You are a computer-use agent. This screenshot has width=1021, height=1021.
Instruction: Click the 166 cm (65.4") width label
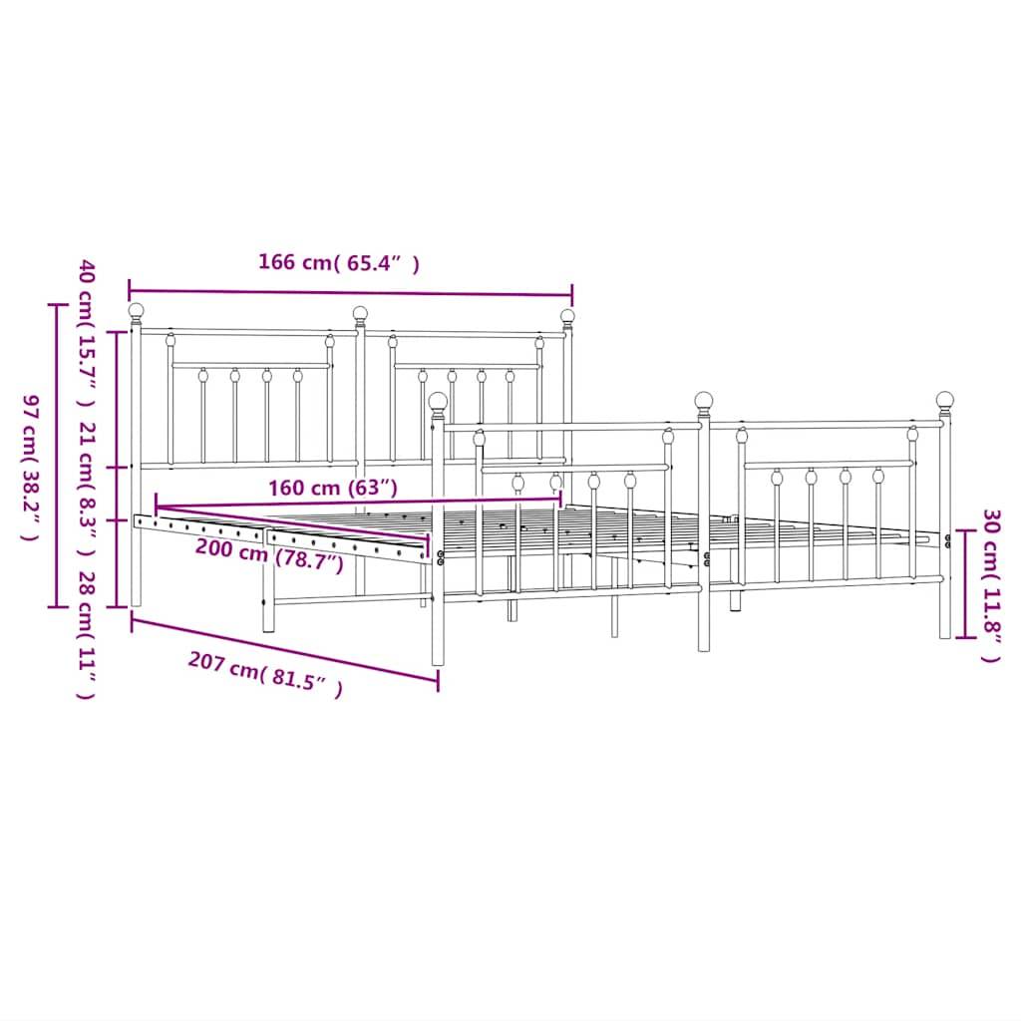pos(339,263)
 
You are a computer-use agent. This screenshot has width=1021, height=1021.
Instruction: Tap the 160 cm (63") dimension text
pos(333,487)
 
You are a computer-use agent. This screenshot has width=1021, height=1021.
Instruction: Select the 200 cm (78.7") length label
pos(269,554)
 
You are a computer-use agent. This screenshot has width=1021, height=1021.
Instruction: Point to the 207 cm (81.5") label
pos(265,673)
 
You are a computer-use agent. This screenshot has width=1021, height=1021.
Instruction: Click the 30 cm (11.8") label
pos(990,585)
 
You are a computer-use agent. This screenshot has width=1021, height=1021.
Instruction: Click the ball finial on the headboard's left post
pos(136,311)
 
